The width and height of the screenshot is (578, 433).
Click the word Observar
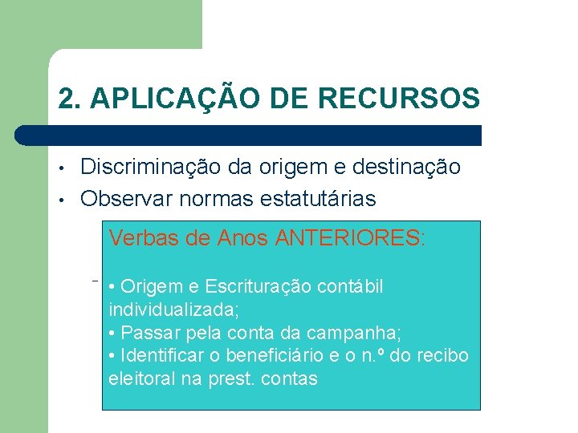coord(125,198)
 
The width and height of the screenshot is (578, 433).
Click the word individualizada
coord(165,310)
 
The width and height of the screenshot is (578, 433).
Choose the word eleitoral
coord(141,378)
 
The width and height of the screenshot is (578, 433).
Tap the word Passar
coord(147,332)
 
